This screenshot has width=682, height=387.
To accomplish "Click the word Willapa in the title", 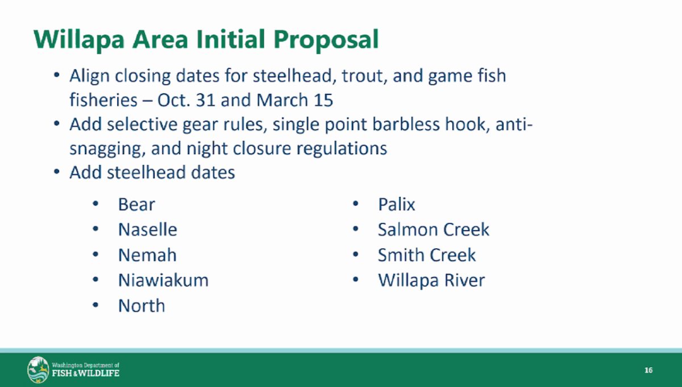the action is (79, 40).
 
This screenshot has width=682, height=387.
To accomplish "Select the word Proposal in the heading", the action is (326, 40).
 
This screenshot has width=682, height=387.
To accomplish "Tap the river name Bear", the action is (136, 204).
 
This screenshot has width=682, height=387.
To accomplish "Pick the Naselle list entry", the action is (147, 229).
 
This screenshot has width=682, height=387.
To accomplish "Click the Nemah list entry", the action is (147, 255).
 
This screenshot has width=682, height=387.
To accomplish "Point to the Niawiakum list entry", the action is (163, 280).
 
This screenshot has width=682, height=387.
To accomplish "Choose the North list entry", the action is (142, 306).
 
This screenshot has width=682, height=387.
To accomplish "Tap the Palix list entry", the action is (397, 204).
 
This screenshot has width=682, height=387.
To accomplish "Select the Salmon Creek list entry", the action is (434, 229).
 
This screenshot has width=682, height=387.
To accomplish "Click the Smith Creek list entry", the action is (427, 255).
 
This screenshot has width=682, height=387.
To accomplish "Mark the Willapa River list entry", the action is (431, 280).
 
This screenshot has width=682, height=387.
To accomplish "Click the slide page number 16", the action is (648, 370).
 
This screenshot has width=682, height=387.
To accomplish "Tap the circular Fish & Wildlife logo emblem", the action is (38, 369).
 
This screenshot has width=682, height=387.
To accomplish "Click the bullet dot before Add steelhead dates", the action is (57, 172).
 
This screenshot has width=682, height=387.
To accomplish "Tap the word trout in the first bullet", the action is (364, 76).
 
